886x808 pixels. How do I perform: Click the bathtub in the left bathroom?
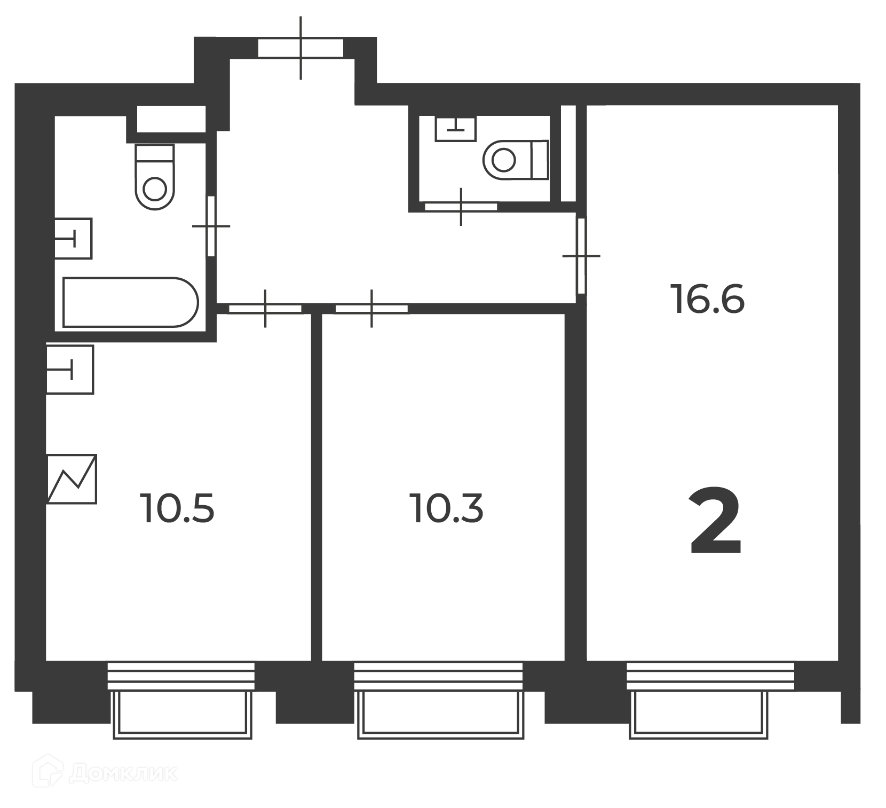[130, 302]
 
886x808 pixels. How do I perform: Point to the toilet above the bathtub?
[155, 176]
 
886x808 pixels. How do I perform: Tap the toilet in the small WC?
[516, 159]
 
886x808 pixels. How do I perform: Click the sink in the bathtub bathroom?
[73, 238]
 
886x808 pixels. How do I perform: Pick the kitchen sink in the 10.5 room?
[70, 370]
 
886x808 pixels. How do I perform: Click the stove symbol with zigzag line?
[72, 479]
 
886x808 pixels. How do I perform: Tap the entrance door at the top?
[300, 48]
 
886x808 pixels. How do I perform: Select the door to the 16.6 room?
[581, 256]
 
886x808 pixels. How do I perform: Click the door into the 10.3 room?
[371, 308]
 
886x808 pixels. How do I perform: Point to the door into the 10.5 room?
[265, 308]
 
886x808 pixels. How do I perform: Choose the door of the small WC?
[461, 206]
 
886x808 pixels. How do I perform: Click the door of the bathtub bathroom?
[211, 226]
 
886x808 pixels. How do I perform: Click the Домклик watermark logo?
[105, 773]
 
